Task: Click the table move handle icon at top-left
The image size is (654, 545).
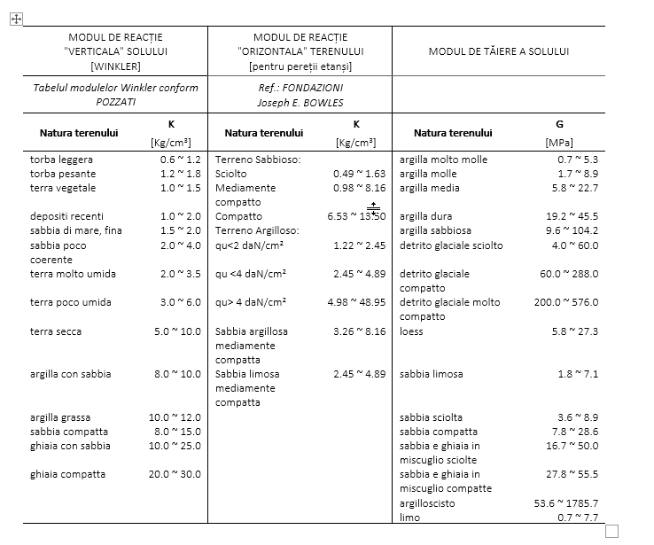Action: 15,19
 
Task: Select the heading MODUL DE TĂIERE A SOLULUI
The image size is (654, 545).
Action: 498,51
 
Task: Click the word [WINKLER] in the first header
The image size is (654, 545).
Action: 115,66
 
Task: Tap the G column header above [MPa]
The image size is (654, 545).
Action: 558,125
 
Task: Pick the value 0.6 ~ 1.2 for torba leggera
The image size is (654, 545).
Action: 181,160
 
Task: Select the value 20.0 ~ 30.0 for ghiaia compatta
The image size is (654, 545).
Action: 175,474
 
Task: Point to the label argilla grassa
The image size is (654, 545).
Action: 58,417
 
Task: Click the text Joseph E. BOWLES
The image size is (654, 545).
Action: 300,102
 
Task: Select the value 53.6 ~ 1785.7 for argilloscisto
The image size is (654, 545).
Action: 565,503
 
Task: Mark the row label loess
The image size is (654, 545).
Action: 412,331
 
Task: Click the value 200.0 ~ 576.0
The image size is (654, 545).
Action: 565,302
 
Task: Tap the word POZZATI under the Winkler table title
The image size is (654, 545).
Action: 115,102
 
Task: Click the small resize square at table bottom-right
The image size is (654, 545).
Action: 611,531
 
